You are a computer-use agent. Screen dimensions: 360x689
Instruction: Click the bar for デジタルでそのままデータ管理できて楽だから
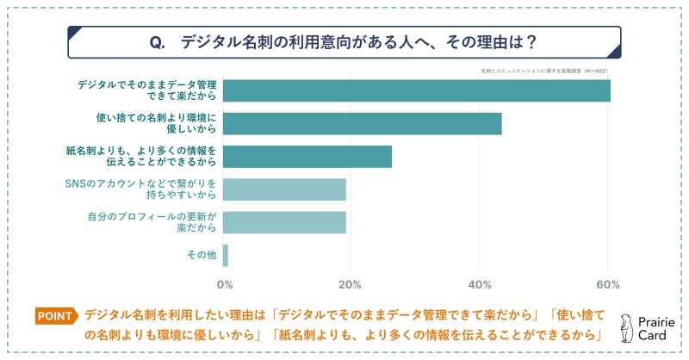tap(417, 90)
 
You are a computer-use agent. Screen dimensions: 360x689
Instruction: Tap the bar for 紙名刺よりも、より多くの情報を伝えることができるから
tap(307, 156)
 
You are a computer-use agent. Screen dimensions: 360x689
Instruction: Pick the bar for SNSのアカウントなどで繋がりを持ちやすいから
tap(284, 189)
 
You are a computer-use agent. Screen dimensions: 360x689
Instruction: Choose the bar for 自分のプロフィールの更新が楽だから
tap(284, 222)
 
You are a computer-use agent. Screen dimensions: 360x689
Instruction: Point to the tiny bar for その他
tap(226, 255)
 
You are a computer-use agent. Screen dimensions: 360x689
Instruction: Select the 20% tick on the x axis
tap(350, 285)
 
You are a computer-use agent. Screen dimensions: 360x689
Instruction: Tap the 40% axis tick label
tap(479, 285)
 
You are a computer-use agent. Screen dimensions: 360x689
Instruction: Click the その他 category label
tap(201, 255)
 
